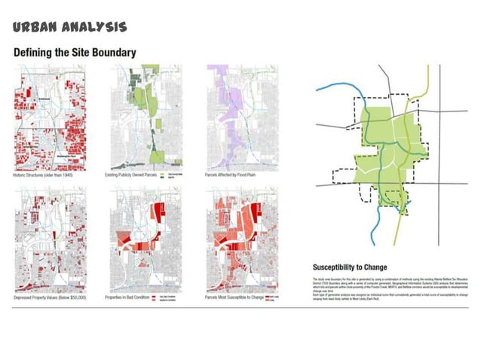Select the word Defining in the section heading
click(35, 53)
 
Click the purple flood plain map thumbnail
click(242, 117)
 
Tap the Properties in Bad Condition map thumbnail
click(146, 238)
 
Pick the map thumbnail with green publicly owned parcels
click(146, 117)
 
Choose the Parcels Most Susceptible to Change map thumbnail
click(242, 238)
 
